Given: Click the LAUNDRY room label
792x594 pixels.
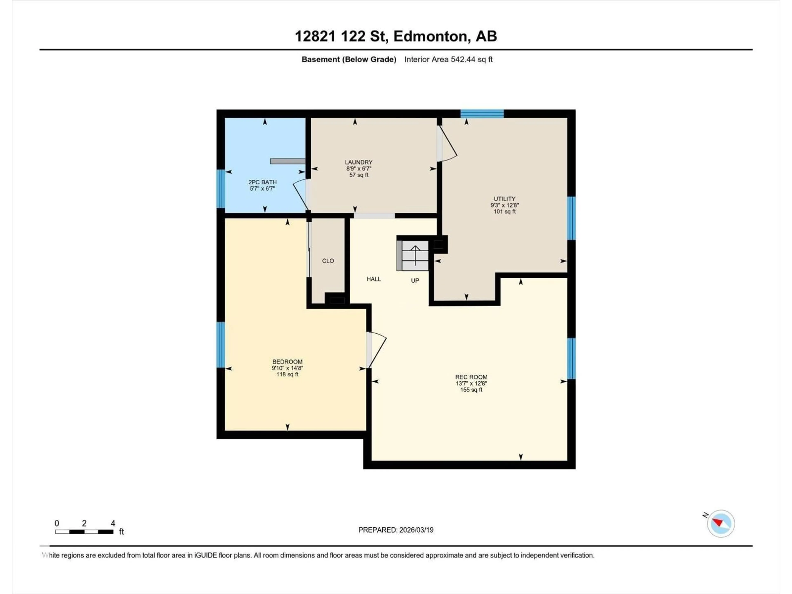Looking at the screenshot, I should point(358,162).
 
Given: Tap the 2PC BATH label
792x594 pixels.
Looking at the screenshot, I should point(262,182).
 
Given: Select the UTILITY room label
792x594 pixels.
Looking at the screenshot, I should point(504,199).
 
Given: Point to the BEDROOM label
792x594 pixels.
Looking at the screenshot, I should point(287,362).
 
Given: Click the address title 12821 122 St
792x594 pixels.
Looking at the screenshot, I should point(396,36).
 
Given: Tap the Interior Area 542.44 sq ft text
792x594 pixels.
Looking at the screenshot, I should point(448,59).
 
